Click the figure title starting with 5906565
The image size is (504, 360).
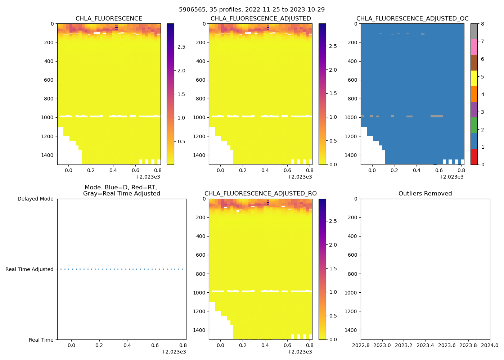(252, 9)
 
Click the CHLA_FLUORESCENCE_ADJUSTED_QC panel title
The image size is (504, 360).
(412, 19)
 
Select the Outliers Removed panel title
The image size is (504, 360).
(425, 194)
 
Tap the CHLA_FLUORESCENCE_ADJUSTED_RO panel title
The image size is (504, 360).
(260, 194)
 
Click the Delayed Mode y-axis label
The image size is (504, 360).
(35, 199)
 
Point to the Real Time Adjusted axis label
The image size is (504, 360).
(29, 269)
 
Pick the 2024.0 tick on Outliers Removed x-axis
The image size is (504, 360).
(490, 346)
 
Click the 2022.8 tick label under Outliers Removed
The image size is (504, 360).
(361, 346)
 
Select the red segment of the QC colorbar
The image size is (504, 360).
(474, 157)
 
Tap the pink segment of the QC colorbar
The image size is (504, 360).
(474, 47)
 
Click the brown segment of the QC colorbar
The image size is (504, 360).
(474, 63)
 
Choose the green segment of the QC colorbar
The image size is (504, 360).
(474, 125)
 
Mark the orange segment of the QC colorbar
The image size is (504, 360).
(474, 94)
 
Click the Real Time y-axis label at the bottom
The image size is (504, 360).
(41, 340)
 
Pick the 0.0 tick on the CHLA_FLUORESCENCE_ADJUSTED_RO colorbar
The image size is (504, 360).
(333, 339)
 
